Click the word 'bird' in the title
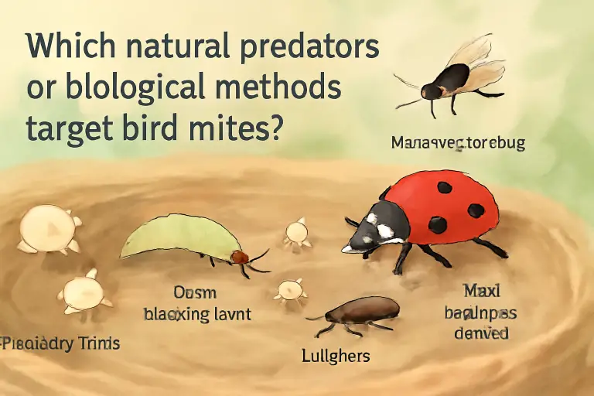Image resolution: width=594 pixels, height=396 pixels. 158,126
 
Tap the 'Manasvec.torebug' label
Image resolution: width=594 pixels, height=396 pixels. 458,143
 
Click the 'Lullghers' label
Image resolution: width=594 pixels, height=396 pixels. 336,356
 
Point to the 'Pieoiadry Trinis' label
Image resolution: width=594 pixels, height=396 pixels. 61,343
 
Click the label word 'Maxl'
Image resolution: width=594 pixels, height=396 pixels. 481,292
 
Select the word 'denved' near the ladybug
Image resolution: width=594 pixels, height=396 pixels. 481,334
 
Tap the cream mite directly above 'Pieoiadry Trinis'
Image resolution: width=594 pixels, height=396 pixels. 83,293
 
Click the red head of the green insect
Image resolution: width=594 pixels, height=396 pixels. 241,257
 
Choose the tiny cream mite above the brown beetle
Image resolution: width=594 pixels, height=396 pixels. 290,289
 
